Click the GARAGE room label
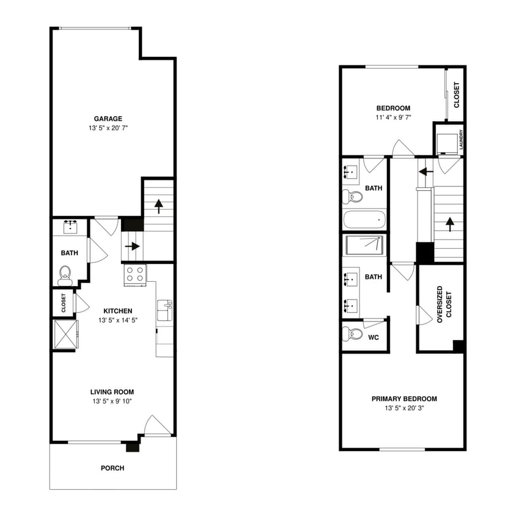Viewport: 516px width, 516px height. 108,119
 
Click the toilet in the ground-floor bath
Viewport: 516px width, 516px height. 65,275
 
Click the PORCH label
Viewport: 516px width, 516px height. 112,468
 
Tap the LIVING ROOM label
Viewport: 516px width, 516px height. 112,392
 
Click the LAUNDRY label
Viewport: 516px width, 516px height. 460,140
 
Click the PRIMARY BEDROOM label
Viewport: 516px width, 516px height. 404,399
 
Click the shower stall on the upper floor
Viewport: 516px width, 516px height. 365,245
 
